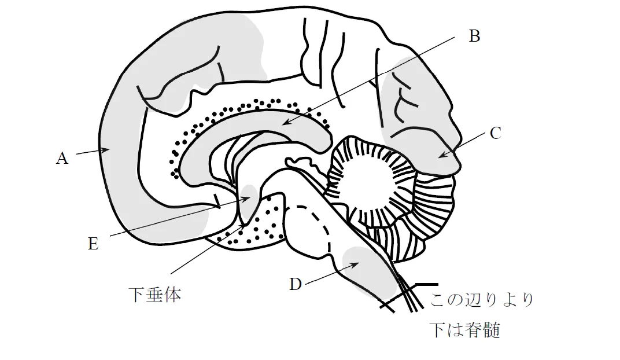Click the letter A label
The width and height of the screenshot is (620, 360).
pyautogui.click(x=62, y=158)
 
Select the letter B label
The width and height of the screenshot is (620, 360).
pyautogui.click(x=474, y=36)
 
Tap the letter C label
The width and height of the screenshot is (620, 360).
pyautogui.click(x=496, y=133)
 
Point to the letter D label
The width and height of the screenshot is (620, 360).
pyautogui.click(x=296, y=284)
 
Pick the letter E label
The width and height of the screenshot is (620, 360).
pyautogui.click(x=93, y=244)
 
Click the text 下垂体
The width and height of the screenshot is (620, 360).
pyautogui.click(x=155, y=295)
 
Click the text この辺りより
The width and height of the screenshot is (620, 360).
pyautogui.click(x=482, y=299)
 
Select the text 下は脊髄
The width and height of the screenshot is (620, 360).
pyautogui.click(x=465, y=330)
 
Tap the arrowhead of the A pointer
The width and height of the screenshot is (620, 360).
pyautogui.click(x=106, y=149)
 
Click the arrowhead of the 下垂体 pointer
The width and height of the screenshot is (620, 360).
pyautogui.click(x=244, y=226)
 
